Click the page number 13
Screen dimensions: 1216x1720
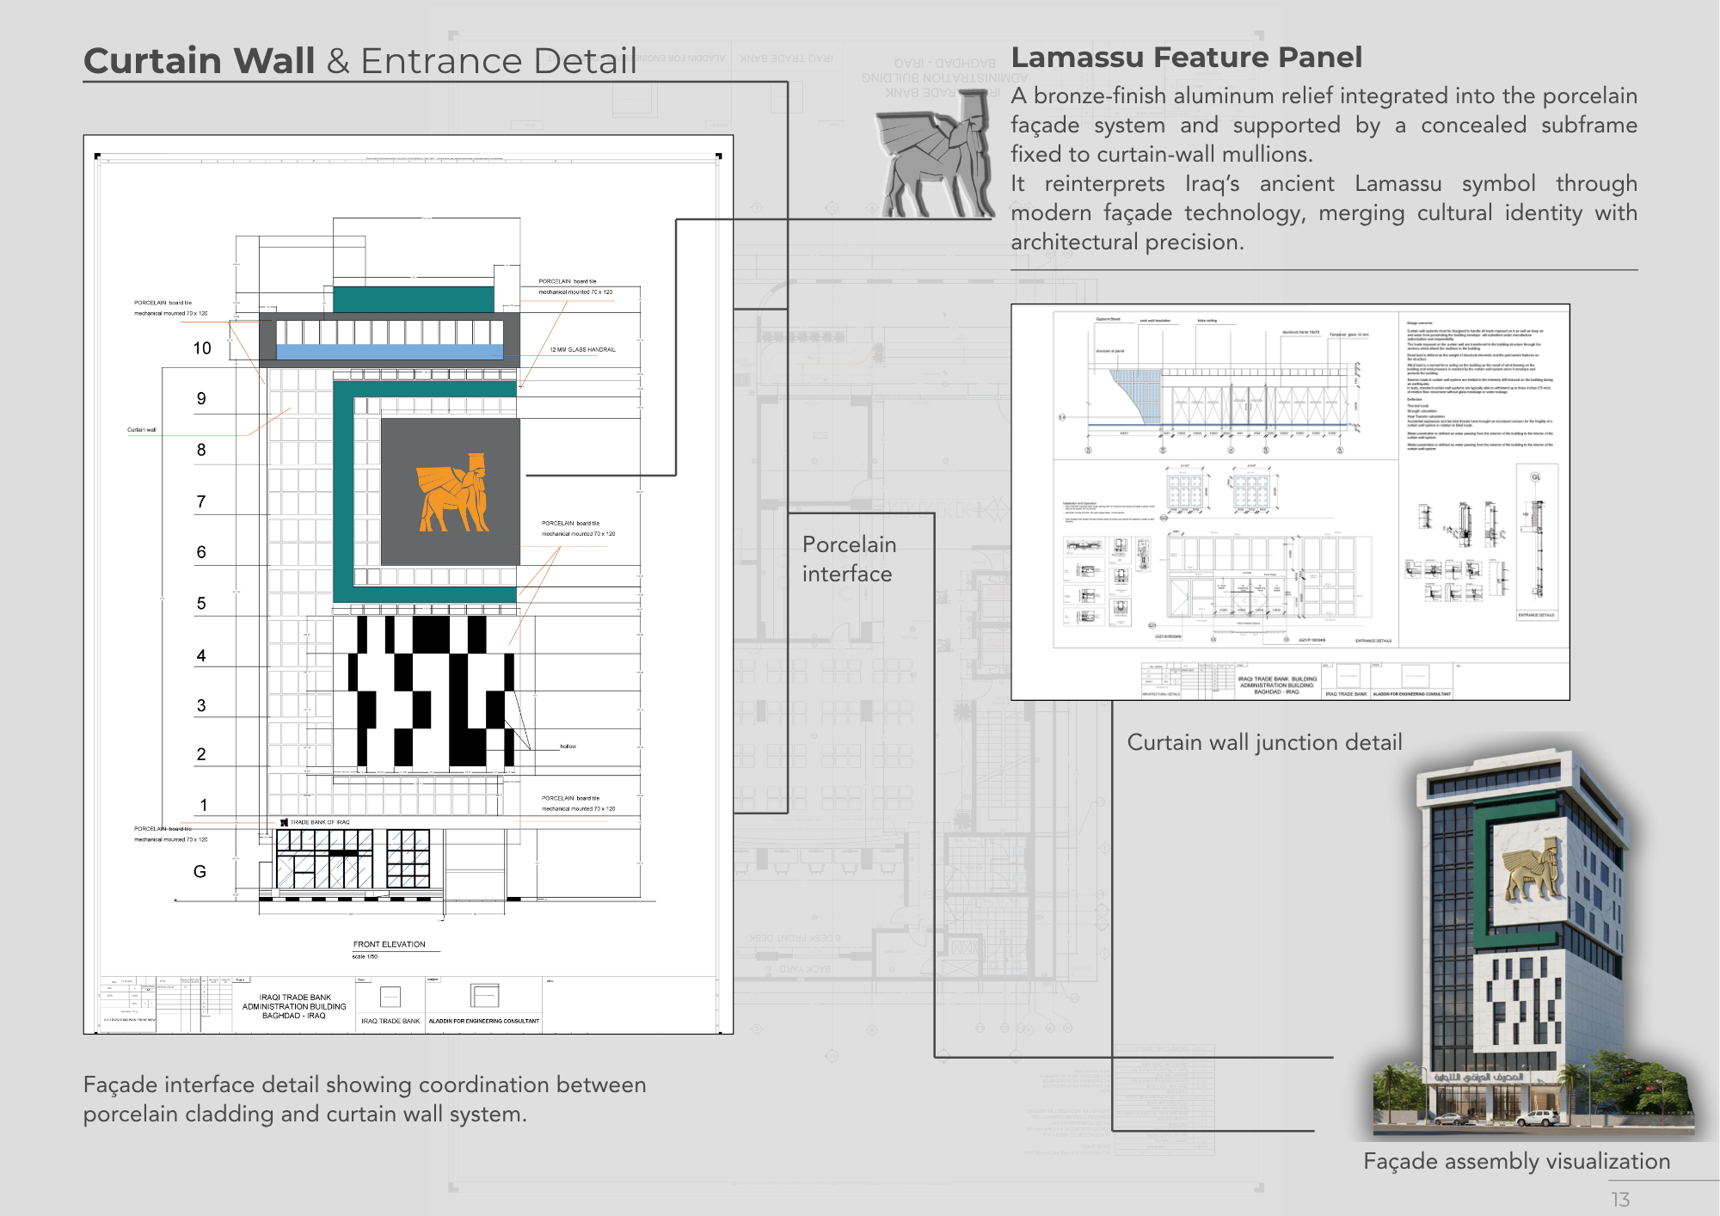click(1620, 1199)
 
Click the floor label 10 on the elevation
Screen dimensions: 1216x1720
click(202, 348)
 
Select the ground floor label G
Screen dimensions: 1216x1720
click(200, 871)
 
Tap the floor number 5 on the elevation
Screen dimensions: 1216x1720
click(201, 603)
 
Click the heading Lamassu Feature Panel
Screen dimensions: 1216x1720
click(1186, 58)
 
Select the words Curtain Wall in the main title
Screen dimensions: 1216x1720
click(200, 61)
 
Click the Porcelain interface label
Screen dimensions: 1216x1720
click(849, 559)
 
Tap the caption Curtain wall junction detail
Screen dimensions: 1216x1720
click(1264, 742)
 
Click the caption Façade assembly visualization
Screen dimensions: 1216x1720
click(1516, 1161)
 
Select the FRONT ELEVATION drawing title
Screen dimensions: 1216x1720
click(389, 944)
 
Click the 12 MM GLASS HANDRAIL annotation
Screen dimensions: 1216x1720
click(582, 349)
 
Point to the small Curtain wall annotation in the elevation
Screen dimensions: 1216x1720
click(142, 429)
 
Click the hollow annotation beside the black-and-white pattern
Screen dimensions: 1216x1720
click(568, 746)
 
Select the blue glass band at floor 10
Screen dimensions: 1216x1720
click(390, 352)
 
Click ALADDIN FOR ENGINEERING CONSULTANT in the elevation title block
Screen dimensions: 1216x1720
click(484, 1021)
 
